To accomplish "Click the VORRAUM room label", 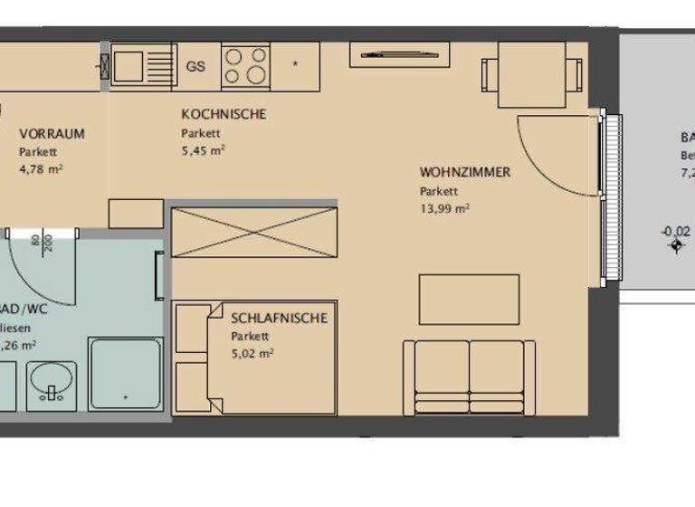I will coord(52,134).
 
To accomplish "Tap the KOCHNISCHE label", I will coord(223,114).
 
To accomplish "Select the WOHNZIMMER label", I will coord(464,172).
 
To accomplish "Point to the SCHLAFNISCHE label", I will coord(279,318).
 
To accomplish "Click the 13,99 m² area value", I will coord(444,208).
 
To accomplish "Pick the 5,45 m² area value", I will coord(203,150).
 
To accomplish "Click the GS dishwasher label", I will coord(195,66).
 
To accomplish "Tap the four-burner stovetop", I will coord(246,65).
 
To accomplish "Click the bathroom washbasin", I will coord(52,381).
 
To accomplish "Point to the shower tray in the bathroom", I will coord(126,372).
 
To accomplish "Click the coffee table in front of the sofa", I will coord(468,299).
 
